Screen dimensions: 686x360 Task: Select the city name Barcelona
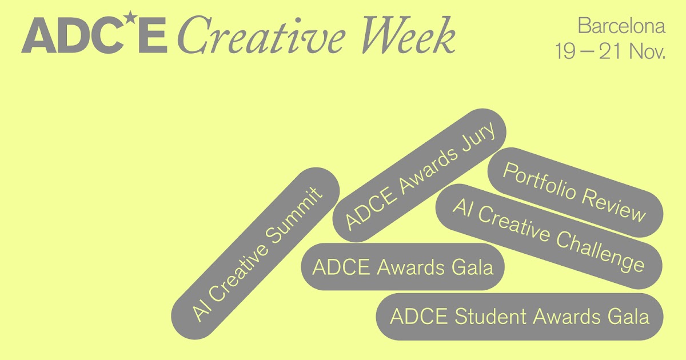pyautogui.click(x=621, y=27)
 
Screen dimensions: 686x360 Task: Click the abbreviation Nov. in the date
pyautogui.click(x=647, y=52)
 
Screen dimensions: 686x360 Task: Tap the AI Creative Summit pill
pyautogui.click(x=256, y=253)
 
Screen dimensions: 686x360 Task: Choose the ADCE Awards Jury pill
pyautogui.click(x=419, y=175)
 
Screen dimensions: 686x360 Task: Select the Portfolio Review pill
pyautogui.click(x=575, y=192)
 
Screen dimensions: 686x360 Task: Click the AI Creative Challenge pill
pyautogui.click(x=549, y=236)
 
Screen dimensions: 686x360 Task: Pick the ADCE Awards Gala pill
pyautogui.click(x=402, y=267)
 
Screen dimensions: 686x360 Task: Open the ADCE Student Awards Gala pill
pyautogui.click(x=520, y=317)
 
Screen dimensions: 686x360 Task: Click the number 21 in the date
pyautogui.click(x=610, y=52)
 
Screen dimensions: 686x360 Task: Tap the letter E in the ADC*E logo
pyautogui.click(x=153, y=35)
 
